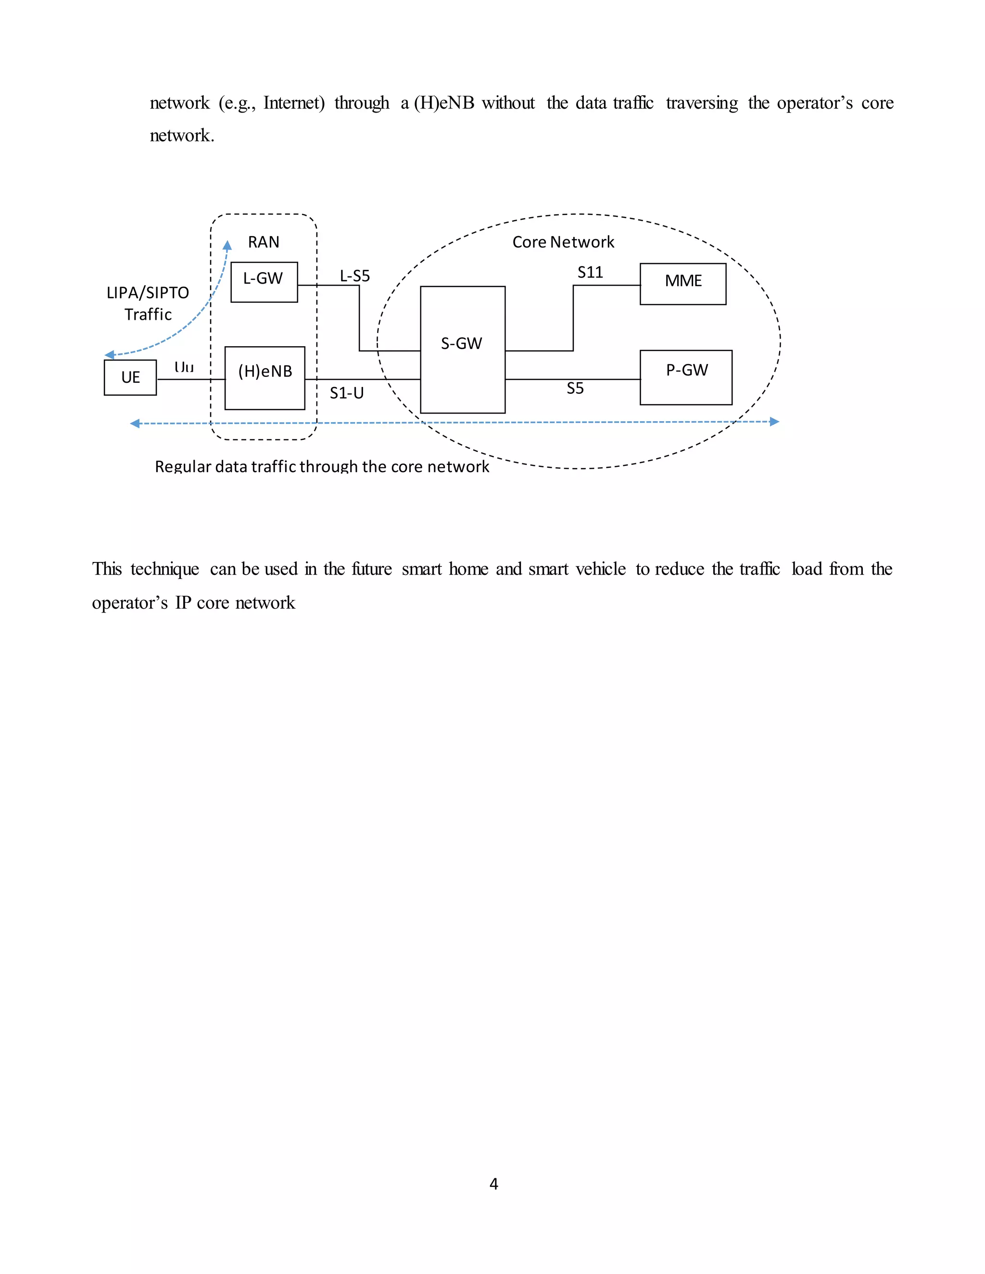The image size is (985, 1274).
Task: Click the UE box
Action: coord(130,377)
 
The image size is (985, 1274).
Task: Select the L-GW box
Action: coord(264,282)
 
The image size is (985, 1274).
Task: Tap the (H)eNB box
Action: coord(265,377)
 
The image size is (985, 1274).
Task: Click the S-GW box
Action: coord(462,349)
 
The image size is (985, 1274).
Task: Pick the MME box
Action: coord(683,284)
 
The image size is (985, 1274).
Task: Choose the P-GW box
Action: coord(686,377)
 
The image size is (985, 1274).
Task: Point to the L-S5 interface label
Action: coord(355,276)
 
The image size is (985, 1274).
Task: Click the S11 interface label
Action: coord(590,273)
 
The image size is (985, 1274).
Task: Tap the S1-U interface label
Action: coord(347,393)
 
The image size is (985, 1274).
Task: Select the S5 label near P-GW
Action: coord(575,388)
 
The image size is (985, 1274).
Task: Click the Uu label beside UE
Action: coord(184,367)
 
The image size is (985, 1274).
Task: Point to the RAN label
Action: coord(264,242)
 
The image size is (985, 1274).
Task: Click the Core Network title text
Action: coord(563,242)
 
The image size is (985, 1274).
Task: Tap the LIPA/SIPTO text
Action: coord(148,293)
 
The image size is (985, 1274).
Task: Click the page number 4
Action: coord(493,1184)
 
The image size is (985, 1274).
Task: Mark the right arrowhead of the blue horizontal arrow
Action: coord(774,421)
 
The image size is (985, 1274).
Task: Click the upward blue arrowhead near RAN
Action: coord(227,245)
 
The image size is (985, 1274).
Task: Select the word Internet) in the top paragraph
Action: coord(293,103)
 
